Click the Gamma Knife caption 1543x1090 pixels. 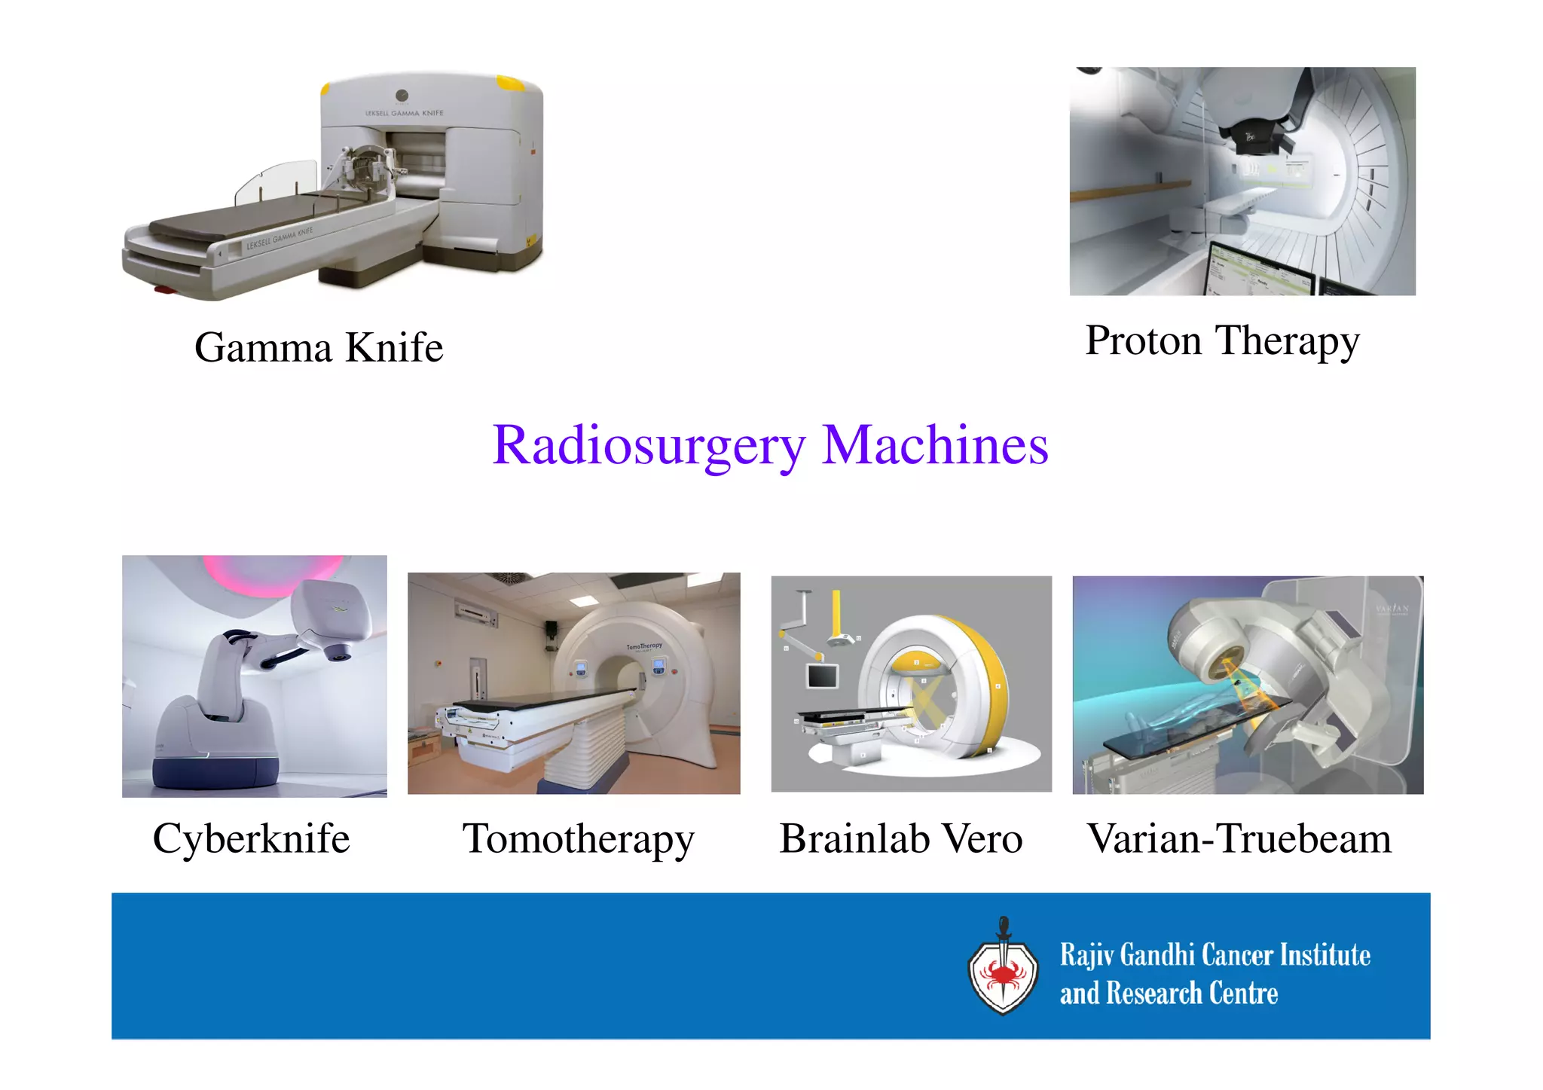pos(319,347)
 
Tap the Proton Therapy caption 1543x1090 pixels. pos(1222,340)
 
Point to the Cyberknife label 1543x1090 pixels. pos(251,838)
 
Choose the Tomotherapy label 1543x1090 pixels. pos(578,838)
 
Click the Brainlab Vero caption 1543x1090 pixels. pos(900,838)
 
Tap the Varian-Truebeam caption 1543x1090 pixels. pos(1239,838)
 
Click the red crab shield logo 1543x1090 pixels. pos(1003,972)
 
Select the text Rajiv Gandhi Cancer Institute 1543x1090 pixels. pos(1215,954)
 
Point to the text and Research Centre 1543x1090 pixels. pos(1169,994)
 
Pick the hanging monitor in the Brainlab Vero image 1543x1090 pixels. pos(822,675)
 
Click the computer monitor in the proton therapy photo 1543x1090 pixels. pos(1262,271)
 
